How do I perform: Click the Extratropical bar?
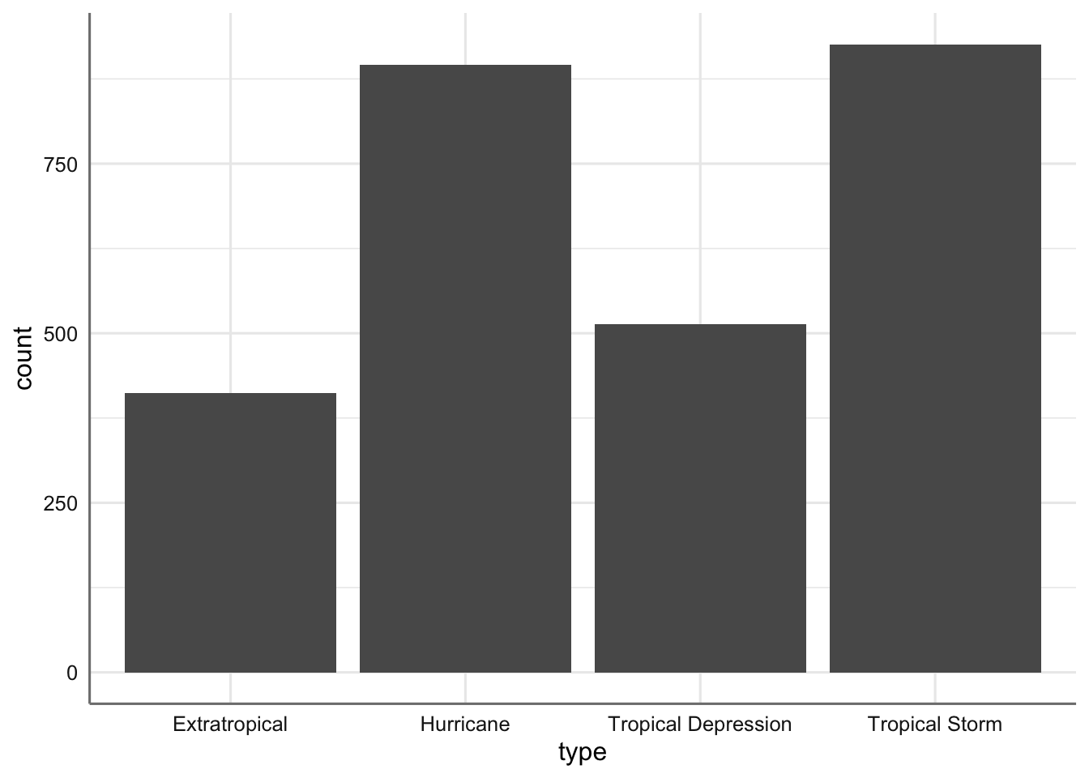[230, 532]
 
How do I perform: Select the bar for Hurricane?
[465, 369]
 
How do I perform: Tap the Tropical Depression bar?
[700, 498]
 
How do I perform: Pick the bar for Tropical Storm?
[935, 358]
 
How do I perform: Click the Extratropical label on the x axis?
[230, 724]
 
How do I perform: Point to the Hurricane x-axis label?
[465, 724]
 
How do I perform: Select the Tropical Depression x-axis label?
[700, 724]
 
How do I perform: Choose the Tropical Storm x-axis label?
[935, 724]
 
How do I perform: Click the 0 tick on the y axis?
[72, 672]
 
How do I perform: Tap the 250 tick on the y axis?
[61, 502]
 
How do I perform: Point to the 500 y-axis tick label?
[61, 333]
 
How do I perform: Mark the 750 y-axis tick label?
[61, 164]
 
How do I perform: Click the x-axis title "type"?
[582, 753]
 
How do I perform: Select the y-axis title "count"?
[23, 358]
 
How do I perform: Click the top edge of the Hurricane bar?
[465, 66]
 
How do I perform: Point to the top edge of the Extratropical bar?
[230, 394]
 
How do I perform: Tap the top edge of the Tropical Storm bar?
[935, 45]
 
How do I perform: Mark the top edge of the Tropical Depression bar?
[700, 325]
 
